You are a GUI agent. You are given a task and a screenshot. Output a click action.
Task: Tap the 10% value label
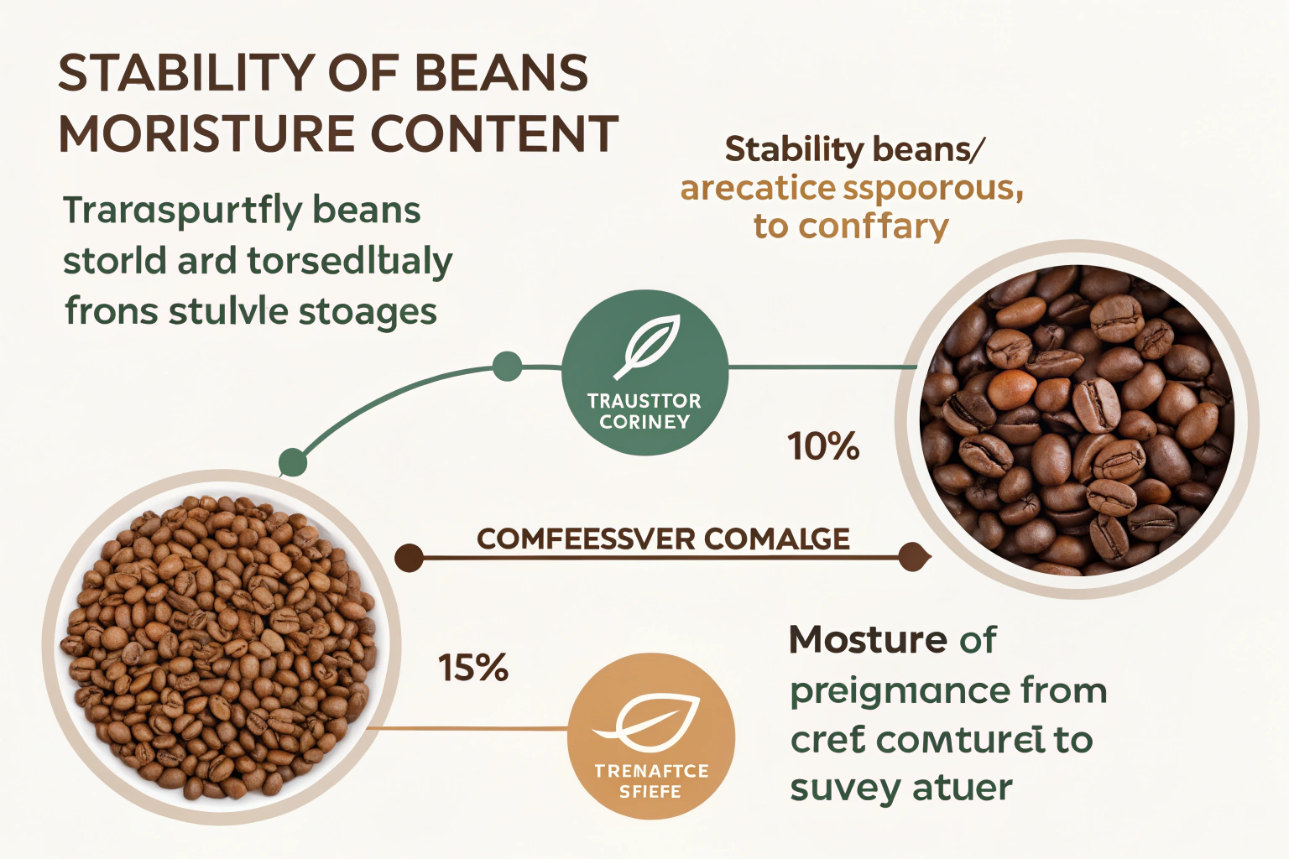coord(823,446)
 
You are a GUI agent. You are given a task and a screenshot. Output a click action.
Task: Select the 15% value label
coord(473,669)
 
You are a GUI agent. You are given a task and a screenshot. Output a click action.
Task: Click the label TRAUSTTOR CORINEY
coord(644,412)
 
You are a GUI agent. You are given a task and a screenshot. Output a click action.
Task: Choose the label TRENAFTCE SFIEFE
coord(651,781)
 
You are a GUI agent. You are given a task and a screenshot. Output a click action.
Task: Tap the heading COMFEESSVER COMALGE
coord(663,539)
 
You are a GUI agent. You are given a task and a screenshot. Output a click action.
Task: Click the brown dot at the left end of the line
coord(409,558)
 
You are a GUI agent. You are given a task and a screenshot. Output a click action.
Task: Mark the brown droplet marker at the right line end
coord(913,557)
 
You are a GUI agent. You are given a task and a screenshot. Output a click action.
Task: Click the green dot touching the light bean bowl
coord(292,461)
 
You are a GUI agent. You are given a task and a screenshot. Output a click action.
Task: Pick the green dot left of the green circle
coord(507,367)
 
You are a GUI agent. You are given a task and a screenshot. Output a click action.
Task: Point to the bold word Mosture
coord(868,641)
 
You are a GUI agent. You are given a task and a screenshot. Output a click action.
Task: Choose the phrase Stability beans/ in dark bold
coord(854,150)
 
